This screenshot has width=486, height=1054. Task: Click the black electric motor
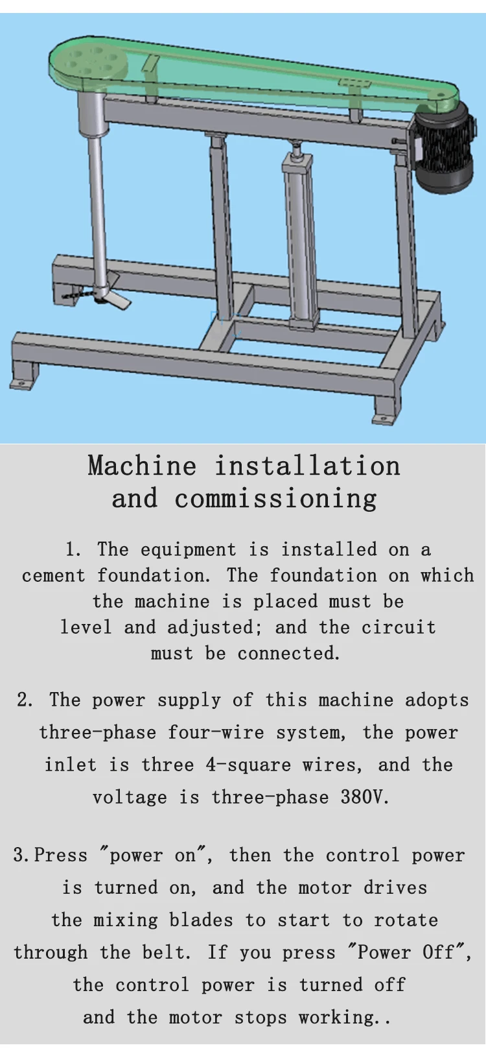444,150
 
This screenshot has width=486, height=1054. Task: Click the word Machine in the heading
142,466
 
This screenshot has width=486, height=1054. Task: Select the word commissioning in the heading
275,499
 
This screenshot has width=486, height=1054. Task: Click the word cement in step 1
54,575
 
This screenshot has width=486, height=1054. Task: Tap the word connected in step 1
288,653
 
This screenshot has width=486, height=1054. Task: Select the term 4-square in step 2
248,765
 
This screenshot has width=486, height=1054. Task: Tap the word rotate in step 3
406,920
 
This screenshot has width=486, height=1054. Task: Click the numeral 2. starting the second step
25,700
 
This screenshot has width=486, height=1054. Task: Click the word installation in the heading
307,466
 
